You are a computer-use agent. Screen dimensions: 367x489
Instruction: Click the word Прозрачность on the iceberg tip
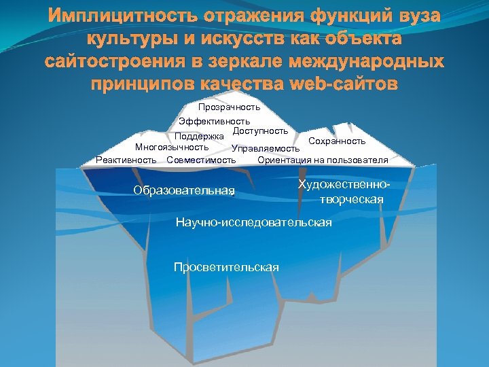click(229, 107)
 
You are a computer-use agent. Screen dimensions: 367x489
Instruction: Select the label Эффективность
click(214, 121)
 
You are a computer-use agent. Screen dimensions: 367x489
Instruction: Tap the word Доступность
click(260, 130)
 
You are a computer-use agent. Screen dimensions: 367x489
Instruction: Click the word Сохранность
click(337, 141)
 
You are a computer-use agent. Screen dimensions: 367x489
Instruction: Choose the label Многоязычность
click(172, 147)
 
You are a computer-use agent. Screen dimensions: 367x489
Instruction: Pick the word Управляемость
click(266, 149)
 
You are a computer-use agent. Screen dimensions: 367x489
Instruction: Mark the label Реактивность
click(126, 160)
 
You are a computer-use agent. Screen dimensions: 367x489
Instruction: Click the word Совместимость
click(201, 160)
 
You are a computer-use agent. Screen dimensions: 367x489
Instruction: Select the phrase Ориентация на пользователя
click(323, 160)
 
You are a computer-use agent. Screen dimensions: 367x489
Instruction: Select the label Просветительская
click(226, 267)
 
